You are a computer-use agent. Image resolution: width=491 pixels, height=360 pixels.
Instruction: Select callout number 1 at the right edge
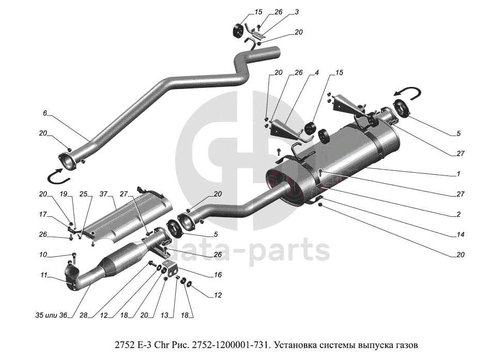[458, 174]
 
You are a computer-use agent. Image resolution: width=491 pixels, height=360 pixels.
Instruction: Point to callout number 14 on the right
[458, 234]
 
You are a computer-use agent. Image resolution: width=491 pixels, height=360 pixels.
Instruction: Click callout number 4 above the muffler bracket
[316, 73]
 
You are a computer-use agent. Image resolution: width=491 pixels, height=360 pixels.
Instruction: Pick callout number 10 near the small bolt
[43, 254]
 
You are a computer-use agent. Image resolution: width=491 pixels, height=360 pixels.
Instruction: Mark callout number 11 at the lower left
[44, 275]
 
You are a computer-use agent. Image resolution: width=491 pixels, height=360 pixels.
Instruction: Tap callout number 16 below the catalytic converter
[218, 275]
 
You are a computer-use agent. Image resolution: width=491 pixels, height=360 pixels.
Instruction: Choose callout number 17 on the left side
[43, 214]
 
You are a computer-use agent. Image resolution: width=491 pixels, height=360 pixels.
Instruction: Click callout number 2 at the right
[458, 214]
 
